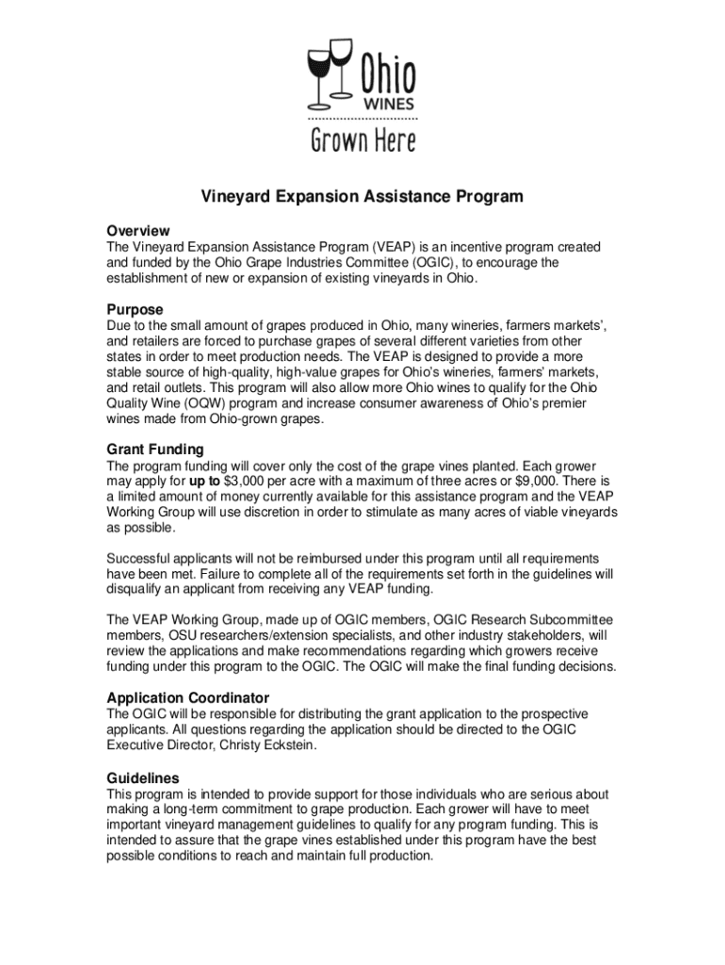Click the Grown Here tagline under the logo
363,140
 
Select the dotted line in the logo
363,121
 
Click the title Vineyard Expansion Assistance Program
362,197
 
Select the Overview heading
138,231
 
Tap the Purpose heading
135,310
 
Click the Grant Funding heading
155,450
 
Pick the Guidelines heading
143,778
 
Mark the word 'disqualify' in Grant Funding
137,589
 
